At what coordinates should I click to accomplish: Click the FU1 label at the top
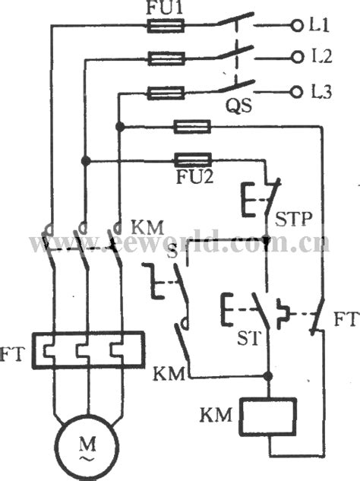pos(163,10)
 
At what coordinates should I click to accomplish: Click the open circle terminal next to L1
pos(295,26)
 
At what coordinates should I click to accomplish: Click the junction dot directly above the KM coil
pos(267,376)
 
